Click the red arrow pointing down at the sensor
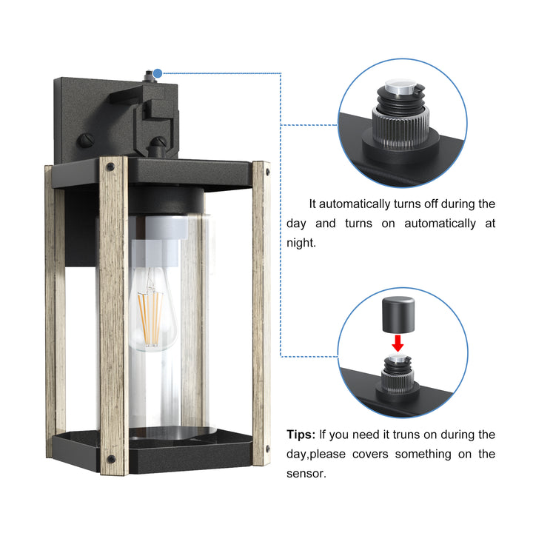coord(398,343)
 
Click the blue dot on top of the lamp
coord(158,73)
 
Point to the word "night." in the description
coord(301,242)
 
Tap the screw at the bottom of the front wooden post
coord(112,448)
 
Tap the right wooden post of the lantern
coord(261,311)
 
